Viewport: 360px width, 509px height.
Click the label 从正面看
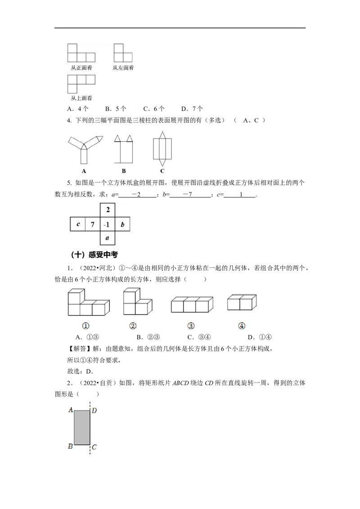[x=81, y=68]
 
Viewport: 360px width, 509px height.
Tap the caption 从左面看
[x=123, y=68]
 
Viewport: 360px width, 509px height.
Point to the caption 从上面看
[x=81, y=98]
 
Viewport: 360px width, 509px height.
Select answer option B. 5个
[x=116, y=109]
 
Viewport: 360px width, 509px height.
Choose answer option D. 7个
[x=192, y=109]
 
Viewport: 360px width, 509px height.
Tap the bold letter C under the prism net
[x=162, y=171]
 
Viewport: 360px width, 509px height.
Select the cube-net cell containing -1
[x=108, y=224]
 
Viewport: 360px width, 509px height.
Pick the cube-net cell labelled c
[x=78, y=224]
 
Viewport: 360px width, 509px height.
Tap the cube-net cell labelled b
[x=122, y=224]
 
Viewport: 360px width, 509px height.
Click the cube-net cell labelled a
[x=108, y=238]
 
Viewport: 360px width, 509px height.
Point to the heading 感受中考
[x=103, y=255]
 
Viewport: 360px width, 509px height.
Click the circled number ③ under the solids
[x=191, y=326]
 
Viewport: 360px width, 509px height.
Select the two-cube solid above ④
[x=242, y=302]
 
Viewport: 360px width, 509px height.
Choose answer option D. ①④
[x=260, y=337]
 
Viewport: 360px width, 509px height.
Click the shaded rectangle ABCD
[x=82, y=428]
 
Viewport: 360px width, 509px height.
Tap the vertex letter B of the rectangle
[x=70, y=446]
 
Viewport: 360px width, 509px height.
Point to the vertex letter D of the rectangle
[x=94, y=411]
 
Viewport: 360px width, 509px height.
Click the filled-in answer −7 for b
[x=188, y=194]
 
